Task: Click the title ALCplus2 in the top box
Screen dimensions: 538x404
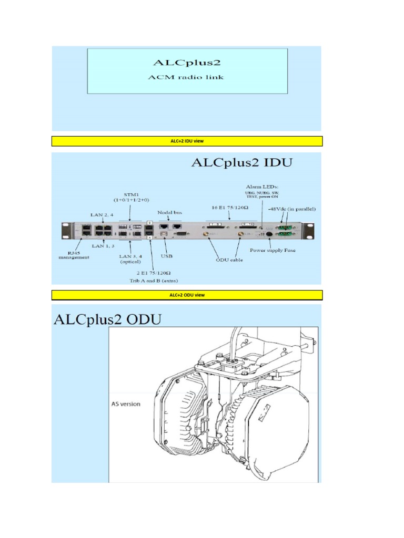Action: tap(187, 63)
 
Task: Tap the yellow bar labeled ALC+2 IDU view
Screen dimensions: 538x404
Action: tap(187, 141)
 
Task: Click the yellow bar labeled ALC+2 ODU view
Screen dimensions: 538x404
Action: tap(187, 295)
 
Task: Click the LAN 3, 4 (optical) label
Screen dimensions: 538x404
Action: tap(126, 258)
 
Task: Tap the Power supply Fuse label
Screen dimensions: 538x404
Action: tap(280, 250)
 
